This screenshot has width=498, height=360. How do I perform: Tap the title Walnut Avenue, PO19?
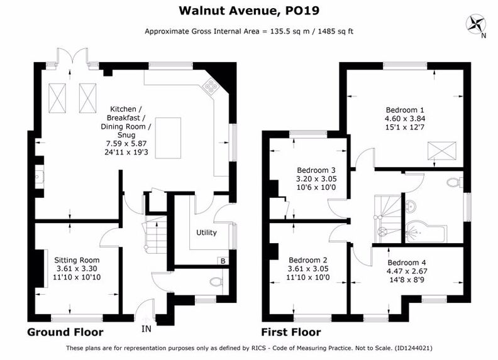coord(249,11)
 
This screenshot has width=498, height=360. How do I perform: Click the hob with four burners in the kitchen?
coord(210,85)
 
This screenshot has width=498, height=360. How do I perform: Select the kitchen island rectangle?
coord(168,138)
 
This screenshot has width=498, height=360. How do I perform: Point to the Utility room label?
coord(206,232)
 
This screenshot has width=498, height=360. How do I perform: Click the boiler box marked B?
coord(223,261)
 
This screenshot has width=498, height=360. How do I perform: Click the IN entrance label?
coord(147,329)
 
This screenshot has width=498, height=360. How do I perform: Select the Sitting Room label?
coord(77,260)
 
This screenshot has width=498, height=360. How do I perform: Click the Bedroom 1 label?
coord(405,110)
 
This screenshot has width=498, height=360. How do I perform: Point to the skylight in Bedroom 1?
coord(442,151)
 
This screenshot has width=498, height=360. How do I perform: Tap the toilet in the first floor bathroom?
coord(454,182)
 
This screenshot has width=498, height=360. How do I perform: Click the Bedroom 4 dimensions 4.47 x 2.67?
coord(407,271)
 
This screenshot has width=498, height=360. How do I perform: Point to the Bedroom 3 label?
coord(316,170)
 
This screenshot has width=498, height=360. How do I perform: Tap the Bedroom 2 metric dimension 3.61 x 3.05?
coord(308,268)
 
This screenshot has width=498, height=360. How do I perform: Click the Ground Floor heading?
coord(65,332)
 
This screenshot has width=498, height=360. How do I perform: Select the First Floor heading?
coord(291,332)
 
